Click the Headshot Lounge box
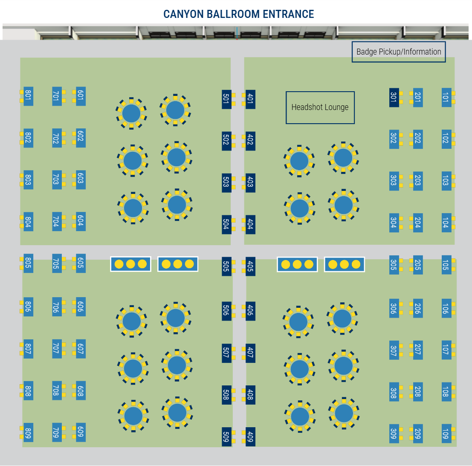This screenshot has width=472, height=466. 320,107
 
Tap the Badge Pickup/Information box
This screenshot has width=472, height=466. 399,52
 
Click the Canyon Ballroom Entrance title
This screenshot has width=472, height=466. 238,14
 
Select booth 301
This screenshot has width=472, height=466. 394,97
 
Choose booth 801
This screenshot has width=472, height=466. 28,96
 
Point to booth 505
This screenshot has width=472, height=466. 226,266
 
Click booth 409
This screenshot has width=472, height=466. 250,436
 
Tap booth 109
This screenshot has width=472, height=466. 446,434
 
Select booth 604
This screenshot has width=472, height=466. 81,221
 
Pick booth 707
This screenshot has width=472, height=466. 56,349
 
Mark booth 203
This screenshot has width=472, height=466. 418,181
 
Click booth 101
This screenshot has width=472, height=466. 446,97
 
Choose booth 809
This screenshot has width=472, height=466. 28,433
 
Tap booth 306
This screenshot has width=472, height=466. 394,308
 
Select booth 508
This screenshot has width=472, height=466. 226,395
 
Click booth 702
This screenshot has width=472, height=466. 56,138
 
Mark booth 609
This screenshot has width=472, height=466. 81,432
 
